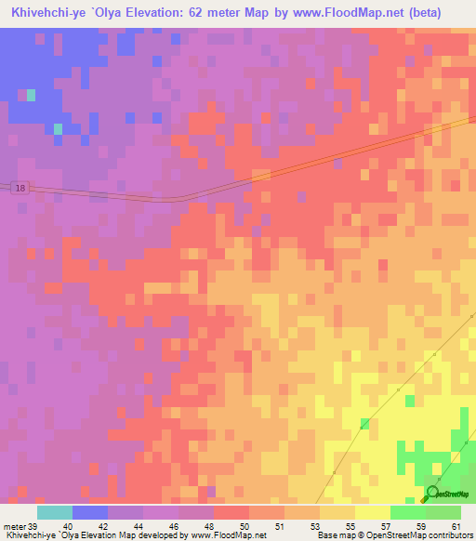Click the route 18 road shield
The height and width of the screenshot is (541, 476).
click(x=20, y=189)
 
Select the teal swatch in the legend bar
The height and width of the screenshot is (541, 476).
click(x=55, y=512)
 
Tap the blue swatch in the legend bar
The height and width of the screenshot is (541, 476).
click(x=90, y=512)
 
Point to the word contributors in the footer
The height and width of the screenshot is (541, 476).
click(x=447, y=534)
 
